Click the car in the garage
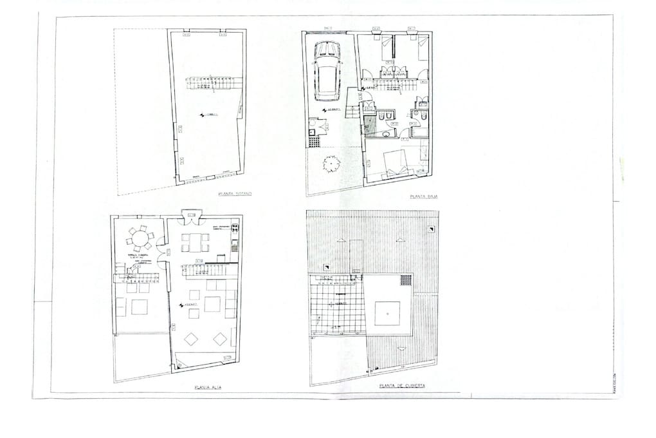pos(328,71)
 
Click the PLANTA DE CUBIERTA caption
pos(403,386)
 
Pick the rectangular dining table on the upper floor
pos(196,242)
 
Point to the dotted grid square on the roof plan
pos(406,280)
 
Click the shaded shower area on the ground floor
pos(370,124)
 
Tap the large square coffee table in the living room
pos(213,303)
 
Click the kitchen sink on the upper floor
pos(235,244)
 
